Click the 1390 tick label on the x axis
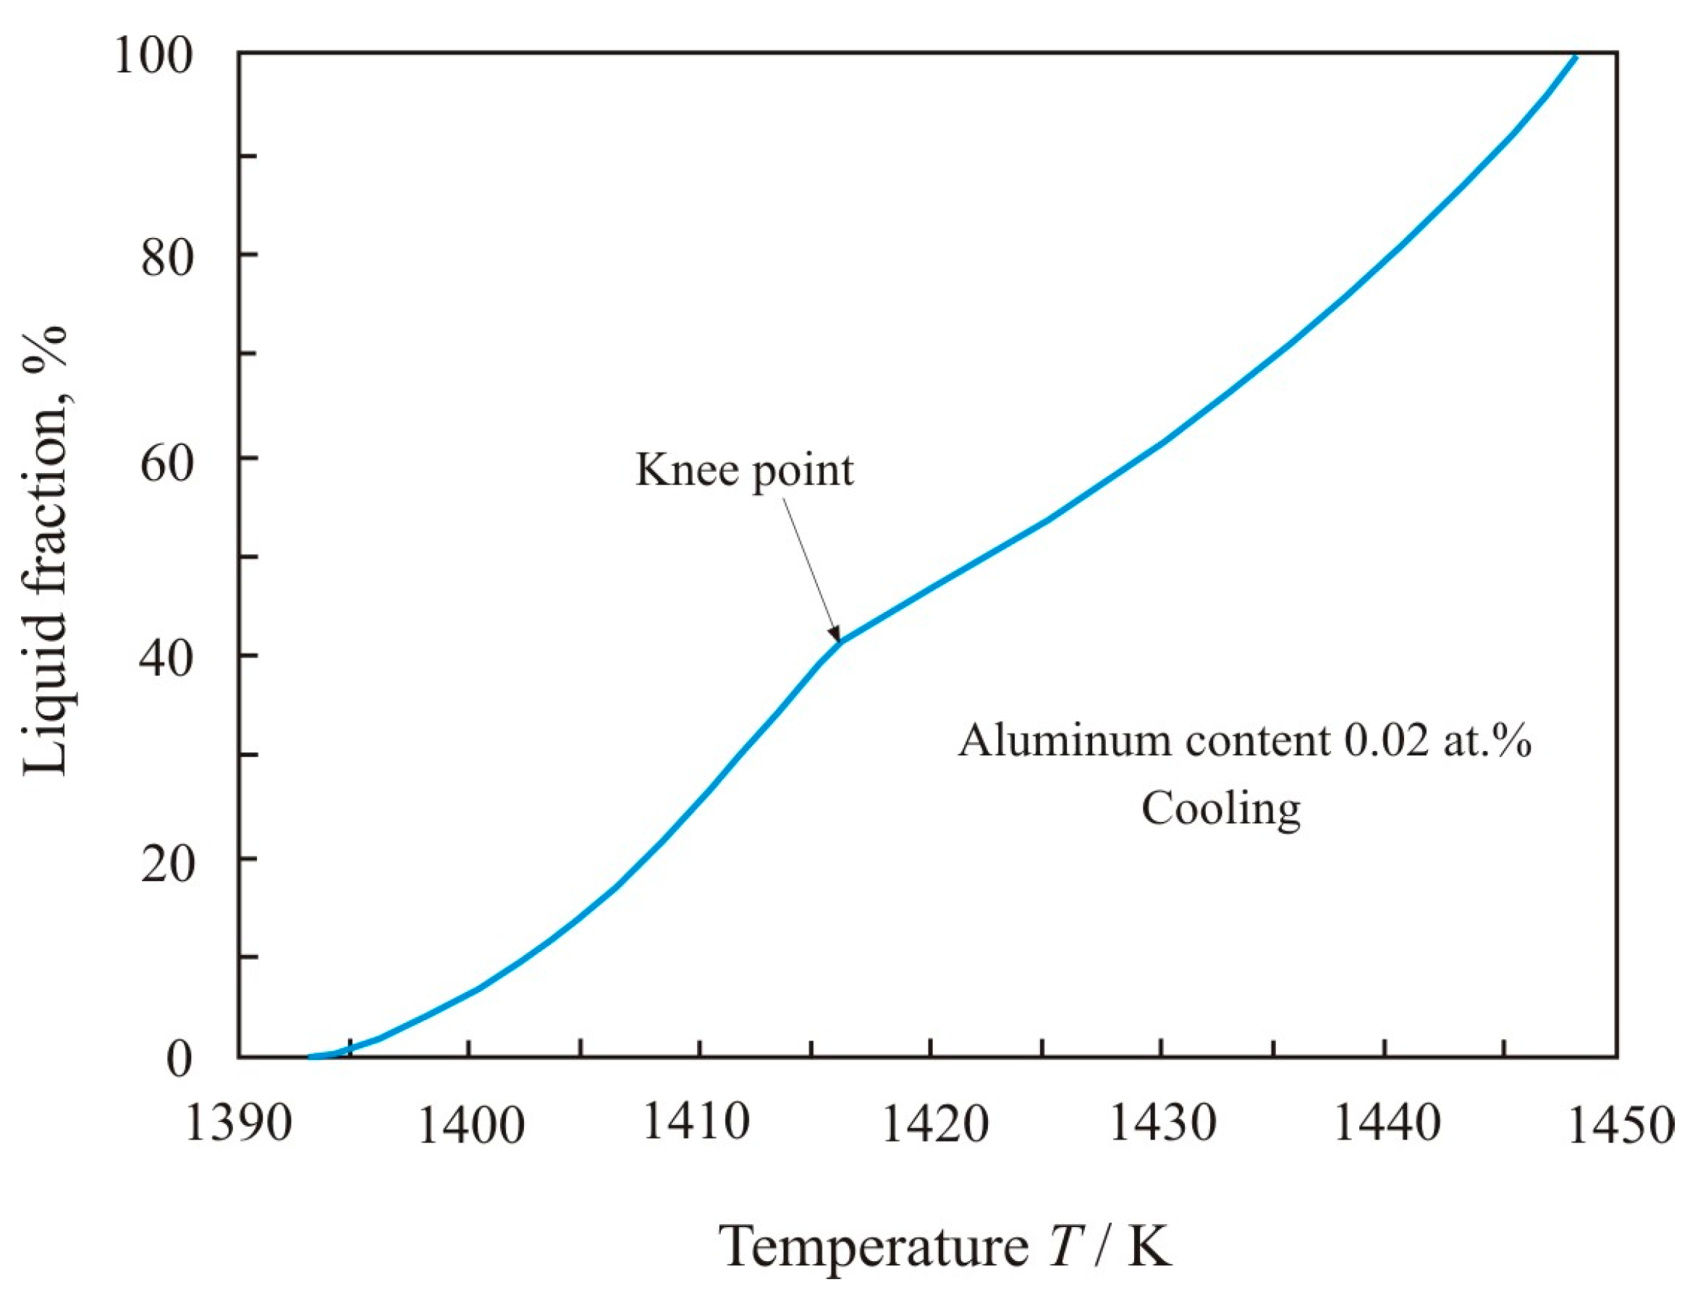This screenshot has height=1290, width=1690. [x=239, y=1124]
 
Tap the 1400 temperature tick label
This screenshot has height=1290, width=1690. [x=470, y=1126]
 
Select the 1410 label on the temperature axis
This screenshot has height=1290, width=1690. [x=696, y=1121]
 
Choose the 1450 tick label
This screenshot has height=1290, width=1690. [x=1620, y=1126]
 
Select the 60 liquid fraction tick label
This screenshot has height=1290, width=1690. [x=166, y=462]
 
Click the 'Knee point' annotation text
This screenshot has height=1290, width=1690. [x=744, y=470]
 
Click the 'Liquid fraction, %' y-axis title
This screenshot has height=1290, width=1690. [x=46, y=550]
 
